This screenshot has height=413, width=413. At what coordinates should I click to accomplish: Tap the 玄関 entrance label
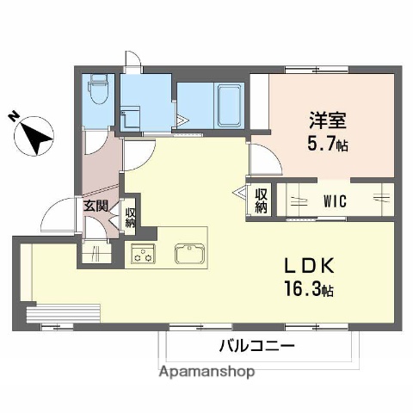click(x=95, y=206)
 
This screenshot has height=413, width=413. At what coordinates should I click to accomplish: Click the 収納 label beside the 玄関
click(x=130, y=212)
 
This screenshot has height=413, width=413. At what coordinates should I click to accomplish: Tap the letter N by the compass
click(x=13, y=115)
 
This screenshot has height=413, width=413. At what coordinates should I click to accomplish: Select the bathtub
click(x=227, y=104)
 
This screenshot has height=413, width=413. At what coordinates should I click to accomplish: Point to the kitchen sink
click(x=188, y=254)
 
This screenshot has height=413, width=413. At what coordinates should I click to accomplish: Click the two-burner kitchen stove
click(x=141, y=254)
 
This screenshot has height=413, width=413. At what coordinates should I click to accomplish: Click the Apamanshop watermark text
click(x=206, y=373)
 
